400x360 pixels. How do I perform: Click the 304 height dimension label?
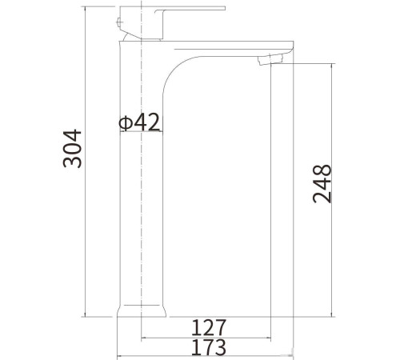pos(72,149)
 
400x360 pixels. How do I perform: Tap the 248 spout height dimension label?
pos(322,184)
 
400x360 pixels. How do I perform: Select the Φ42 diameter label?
pos(139,122)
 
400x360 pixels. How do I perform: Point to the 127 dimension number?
pos(209,327)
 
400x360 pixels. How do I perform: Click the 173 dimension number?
pos(209,347)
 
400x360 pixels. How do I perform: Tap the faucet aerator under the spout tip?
pos(270,59)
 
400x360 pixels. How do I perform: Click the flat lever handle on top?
pos(190,10)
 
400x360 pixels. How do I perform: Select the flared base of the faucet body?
pos(142,311)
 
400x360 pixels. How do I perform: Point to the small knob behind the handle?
pos(118,22)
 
